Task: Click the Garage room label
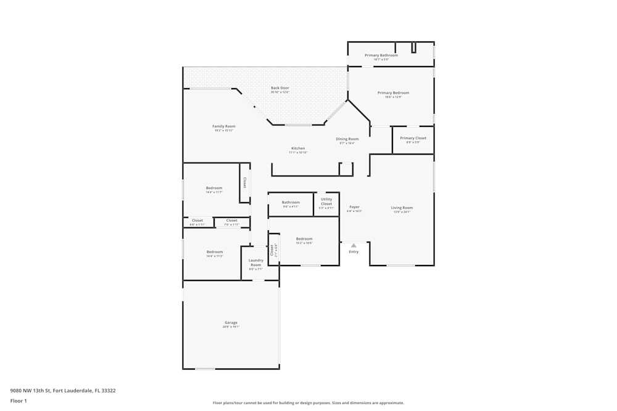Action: (231, 323)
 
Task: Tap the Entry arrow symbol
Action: (354, 245)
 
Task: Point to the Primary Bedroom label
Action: (393, 93)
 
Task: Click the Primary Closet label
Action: (413, 139)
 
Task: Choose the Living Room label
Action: (402, 208)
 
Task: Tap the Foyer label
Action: (354, 207)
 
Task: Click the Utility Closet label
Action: (326, 201)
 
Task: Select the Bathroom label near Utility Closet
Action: (291, 203)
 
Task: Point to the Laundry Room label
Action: (256, 262)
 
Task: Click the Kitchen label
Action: (298, 149)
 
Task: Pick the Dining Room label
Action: (347, 139)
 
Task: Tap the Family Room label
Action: (224, 126)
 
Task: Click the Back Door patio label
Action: (280, 88)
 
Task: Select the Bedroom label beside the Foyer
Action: (304, 239)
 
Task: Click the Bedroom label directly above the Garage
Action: (215, 252)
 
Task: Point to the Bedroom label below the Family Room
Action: (214, 188)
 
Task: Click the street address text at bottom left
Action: (63, 391)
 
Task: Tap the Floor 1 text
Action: (19, 401)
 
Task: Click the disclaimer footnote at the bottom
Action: (308, 403)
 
